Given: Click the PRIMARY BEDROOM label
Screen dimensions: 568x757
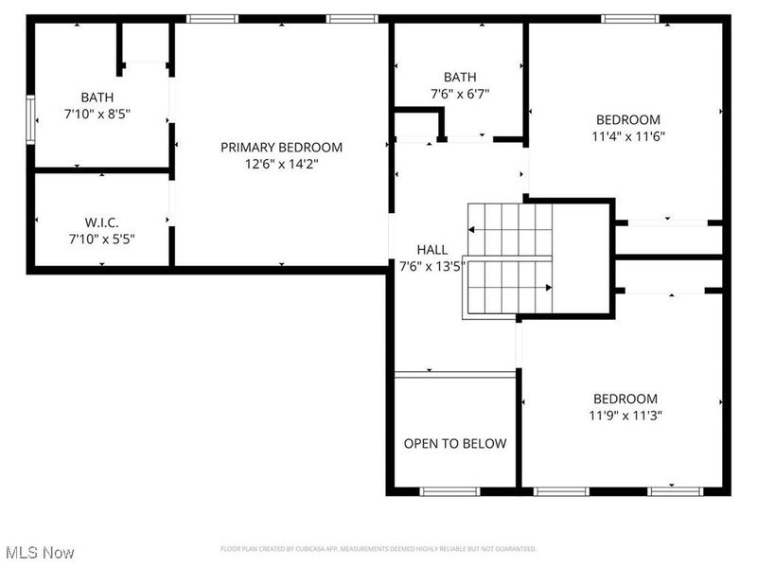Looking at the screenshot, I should coord(281,147).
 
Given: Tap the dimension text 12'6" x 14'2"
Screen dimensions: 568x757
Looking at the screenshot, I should coord(281,164).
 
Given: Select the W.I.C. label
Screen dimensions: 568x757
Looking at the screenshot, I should coord(101,222).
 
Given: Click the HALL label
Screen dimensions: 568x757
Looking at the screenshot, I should coord(431,249).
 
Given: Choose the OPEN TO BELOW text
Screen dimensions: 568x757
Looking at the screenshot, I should coord(455,443).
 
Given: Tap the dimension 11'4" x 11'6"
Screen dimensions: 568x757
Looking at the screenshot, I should coord(627,135).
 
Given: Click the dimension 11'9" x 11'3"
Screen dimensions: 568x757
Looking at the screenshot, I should coord(625,415).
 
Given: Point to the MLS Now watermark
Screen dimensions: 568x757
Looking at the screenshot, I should coord(40,551).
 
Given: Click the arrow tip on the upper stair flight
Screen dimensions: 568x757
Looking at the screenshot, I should coord(470,230).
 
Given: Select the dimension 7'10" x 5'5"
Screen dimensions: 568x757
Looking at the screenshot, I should coord(101,240).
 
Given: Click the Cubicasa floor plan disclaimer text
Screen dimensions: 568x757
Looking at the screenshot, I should coord(378,549).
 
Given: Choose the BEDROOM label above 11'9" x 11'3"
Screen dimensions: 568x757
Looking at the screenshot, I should coord(625,399).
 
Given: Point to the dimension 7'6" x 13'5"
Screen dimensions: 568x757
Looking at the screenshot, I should coord(431,266).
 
